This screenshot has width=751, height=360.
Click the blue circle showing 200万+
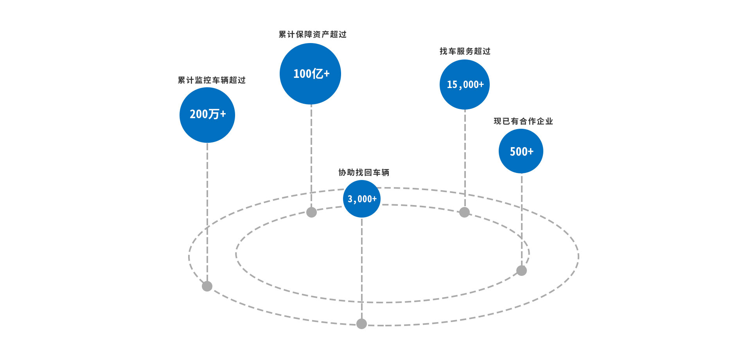(x=207, y=115)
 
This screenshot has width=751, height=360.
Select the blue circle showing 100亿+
(x=311, y=74)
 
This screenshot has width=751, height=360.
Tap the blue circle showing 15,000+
(x=465, y=85)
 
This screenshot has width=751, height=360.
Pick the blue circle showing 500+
(x=521, y=151)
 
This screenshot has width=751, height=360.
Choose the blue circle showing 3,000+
(x=362, y=199)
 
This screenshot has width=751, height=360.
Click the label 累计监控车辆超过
(x=212, y=80)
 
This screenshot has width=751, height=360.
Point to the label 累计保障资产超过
(x=313, y=34)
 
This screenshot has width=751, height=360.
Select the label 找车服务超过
(x=465, y=51)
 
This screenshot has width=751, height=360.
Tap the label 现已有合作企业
(x=523, y=121)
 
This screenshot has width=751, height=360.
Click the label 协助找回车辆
(x=364, y=173)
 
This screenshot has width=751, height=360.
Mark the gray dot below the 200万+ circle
(x=207, y=286)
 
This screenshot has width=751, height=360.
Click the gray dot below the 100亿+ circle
(x=311, y=212)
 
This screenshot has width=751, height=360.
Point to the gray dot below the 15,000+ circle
(x=464, y=212)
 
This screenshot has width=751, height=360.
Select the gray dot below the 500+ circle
(x=521, y=270)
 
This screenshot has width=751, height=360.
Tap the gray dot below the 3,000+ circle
(x=362, y=324)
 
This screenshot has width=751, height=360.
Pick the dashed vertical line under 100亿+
(x=311, y=157)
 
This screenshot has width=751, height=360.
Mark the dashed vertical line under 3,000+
(x=362, y=270)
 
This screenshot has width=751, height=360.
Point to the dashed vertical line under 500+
(x=522, y=219)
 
